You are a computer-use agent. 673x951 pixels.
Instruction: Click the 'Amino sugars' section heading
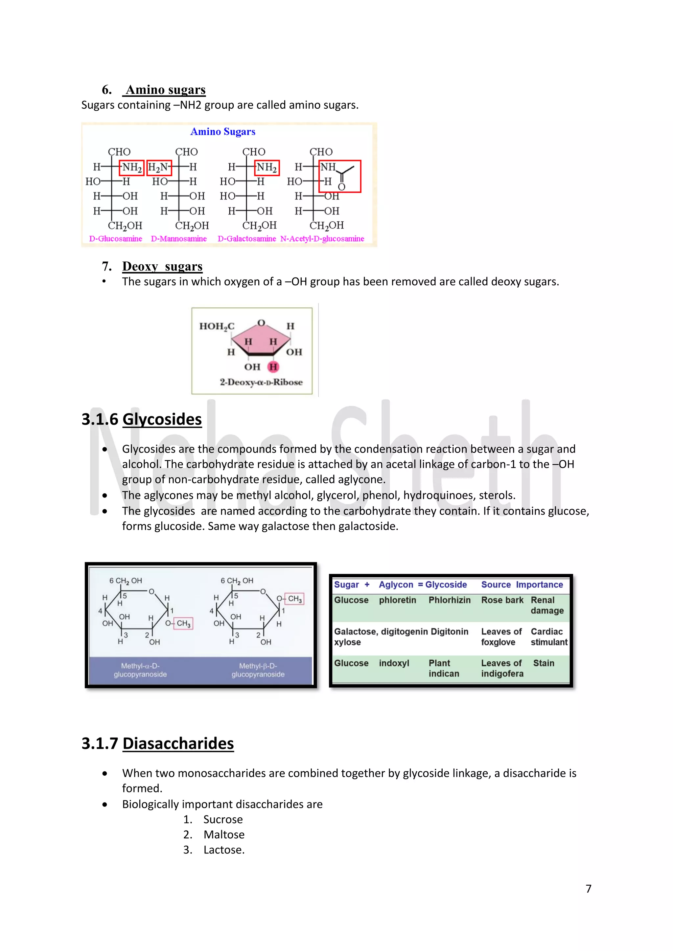pos(165,90)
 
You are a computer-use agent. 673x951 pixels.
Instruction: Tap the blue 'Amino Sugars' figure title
pos(222,132)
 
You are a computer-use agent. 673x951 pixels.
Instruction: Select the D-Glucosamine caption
pos(116,239)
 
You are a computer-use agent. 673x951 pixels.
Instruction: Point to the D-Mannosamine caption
pos(179,239)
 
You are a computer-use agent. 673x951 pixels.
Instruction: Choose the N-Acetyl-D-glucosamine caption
pos(322,239)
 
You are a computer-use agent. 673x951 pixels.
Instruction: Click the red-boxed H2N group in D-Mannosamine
pos(159,167)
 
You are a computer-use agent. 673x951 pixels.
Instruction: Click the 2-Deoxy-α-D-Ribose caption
pos(261,382)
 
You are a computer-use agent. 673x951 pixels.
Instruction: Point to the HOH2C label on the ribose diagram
pos(217,326)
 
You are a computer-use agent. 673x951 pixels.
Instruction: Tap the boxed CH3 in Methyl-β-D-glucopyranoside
pos(295,599)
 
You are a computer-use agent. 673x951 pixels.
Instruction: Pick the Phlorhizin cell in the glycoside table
pos(449,600)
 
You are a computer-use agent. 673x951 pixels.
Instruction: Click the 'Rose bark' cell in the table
pos(502,600)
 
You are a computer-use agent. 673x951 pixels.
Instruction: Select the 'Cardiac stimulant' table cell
pos(549,637)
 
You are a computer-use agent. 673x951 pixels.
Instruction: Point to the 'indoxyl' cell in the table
pos(394,663)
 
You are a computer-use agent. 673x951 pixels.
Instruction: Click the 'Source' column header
pos(496,585)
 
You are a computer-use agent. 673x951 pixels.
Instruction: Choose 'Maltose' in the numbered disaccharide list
pos(224,835)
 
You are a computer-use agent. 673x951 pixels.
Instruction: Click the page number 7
pos(589,889)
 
